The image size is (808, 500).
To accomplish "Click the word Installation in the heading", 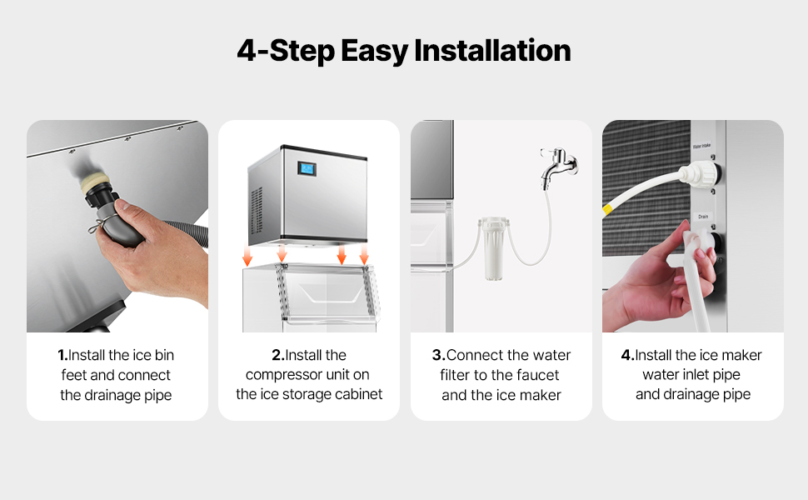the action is pos(492,51).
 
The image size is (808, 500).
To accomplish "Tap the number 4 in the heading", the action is pos(247,51).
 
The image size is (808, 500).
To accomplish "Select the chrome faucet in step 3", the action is pos(558,165).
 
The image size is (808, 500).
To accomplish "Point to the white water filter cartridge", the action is pos(494,248).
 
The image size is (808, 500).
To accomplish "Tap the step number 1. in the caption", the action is pos(62,355).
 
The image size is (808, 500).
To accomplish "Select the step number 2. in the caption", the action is pos(278,355).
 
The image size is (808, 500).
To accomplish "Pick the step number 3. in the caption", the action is pos(438,355).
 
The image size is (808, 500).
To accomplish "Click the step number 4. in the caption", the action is pos(627,355).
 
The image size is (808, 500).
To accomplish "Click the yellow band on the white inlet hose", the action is pos(607,208).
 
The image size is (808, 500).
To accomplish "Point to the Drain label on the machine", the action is pos(703,217).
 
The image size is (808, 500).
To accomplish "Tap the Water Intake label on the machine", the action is pos(701,146).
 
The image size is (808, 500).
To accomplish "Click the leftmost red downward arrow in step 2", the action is pos(247,256).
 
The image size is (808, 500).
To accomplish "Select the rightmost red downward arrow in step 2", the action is pos(364,254).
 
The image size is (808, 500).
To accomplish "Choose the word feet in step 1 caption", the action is pos(73,375).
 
